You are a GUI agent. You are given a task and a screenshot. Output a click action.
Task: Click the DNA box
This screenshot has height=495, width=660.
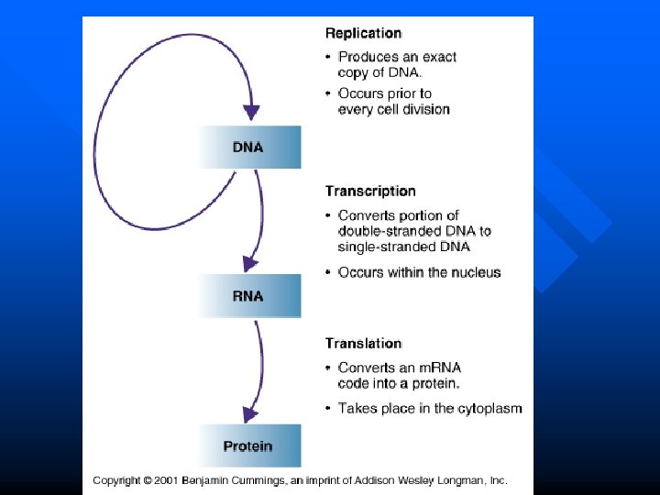[x=248, y=147]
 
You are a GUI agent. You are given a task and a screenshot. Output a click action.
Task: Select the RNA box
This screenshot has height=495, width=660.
[x=248, y=296]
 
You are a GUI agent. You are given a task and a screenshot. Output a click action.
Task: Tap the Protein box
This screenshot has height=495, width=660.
[x=248, y=446]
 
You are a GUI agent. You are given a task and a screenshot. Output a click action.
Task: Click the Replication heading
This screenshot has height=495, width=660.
[x=363, y=33]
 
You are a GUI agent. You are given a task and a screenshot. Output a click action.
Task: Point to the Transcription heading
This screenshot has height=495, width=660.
[x=370, y=192]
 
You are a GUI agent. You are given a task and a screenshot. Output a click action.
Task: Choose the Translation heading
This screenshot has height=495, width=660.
[x=363, y=343]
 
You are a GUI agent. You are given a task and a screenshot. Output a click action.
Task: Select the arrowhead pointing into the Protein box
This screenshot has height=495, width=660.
[x=247, y=413]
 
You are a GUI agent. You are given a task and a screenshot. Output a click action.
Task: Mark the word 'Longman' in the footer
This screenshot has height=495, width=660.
[x=458, y=480]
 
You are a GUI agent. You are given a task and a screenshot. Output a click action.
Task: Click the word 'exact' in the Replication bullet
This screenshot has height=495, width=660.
[x=438, y=57]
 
